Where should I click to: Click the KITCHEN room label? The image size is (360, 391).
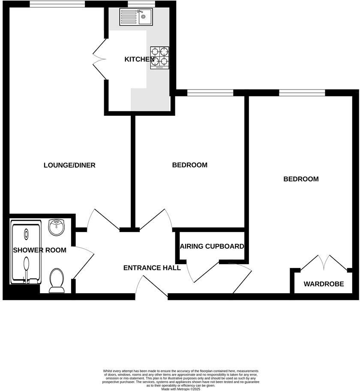tap(139, 59)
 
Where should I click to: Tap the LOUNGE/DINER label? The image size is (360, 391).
tap(69, 165)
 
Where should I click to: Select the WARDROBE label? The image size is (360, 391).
tap(324, 284)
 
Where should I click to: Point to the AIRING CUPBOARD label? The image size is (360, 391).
tap(212, 247)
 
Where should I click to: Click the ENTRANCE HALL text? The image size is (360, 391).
tap(152, 268)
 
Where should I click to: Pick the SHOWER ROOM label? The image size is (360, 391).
tap(39, 250)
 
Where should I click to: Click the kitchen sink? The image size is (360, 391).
tap(137, 18)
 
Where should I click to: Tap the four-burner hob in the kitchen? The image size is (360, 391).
tap(159, 58)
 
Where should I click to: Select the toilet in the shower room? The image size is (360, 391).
tap(57, 281)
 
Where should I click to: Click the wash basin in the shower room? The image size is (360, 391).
tap(57, 227)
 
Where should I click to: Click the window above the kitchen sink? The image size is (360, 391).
tap(135, 4)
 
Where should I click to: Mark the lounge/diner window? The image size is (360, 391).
tap(57, 4)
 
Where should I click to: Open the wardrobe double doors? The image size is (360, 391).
tap(324, 262)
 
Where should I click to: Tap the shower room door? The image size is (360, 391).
tap(83, 262)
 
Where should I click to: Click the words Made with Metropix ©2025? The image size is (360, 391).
tap(180, 389)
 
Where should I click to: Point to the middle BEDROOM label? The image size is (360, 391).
tap(189, 165)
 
